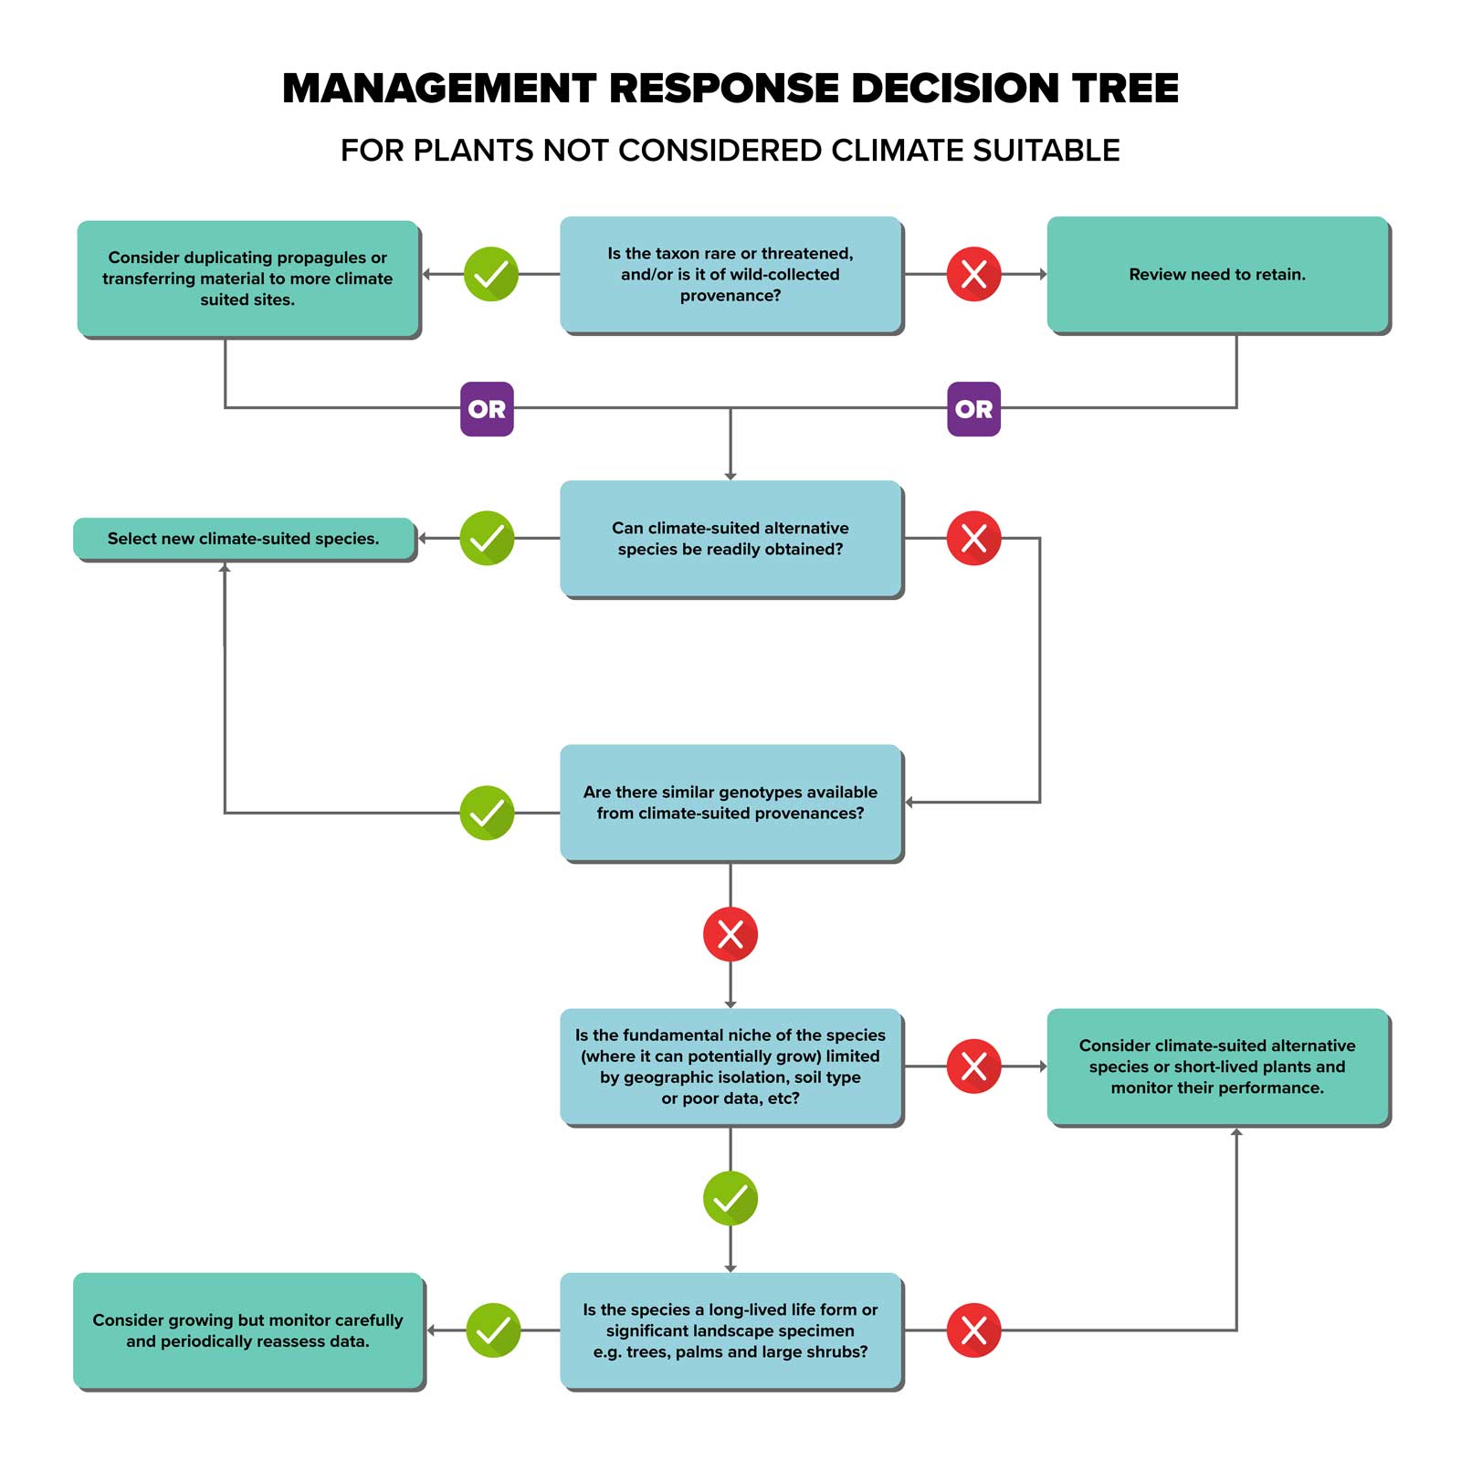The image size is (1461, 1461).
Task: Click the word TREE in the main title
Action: (1125, 89)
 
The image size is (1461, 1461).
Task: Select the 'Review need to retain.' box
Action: (1217, 274)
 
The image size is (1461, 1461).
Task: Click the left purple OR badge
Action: (487, 409)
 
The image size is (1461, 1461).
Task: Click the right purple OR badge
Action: (973, 409)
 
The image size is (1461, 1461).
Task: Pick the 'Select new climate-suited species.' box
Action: (243, 539)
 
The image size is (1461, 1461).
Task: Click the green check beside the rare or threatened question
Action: (491, 274)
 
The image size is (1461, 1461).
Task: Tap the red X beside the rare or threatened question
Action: (973, 274)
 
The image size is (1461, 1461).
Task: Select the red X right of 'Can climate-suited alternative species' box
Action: (973, 538)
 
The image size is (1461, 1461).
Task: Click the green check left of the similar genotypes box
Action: (487, 813)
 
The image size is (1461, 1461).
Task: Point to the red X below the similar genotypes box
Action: (730, 934)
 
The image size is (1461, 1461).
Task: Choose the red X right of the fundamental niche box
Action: (973, 1066)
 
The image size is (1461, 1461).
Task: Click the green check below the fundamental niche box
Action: (730, 1198)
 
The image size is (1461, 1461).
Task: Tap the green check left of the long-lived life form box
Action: (493, 1330)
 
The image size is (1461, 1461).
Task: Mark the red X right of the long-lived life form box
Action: (973, 1330)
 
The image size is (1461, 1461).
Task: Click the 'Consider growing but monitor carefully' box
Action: (247, 1330)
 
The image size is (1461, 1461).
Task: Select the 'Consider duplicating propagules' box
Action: (247, 278)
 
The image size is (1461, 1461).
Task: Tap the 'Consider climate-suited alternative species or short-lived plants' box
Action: (1217, 1066)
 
